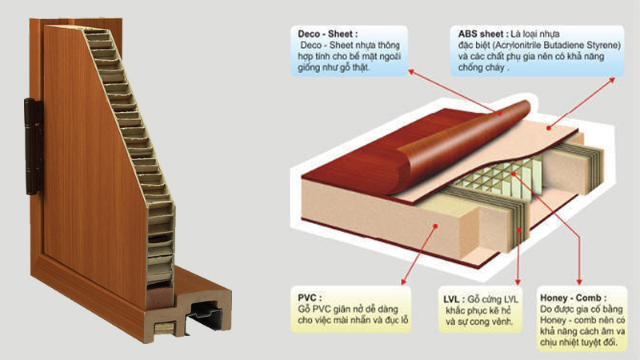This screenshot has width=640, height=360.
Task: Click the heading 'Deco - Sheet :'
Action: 327,34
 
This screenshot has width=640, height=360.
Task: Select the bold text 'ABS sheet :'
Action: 483,34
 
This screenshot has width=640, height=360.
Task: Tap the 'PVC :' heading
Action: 310,298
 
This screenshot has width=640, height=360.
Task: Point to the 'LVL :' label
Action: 454,299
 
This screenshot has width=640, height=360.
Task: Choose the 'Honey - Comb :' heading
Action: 573,298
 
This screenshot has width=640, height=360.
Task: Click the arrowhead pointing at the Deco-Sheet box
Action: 411,72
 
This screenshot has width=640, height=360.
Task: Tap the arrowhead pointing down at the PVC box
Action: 404,282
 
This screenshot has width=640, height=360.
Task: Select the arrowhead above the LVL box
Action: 518,282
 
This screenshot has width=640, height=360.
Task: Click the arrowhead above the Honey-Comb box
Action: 578,282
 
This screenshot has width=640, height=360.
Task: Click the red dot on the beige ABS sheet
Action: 549,128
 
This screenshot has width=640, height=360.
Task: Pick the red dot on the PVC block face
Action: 435,226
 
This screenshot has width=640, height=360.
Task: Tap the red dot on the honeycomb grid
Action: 514,174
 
